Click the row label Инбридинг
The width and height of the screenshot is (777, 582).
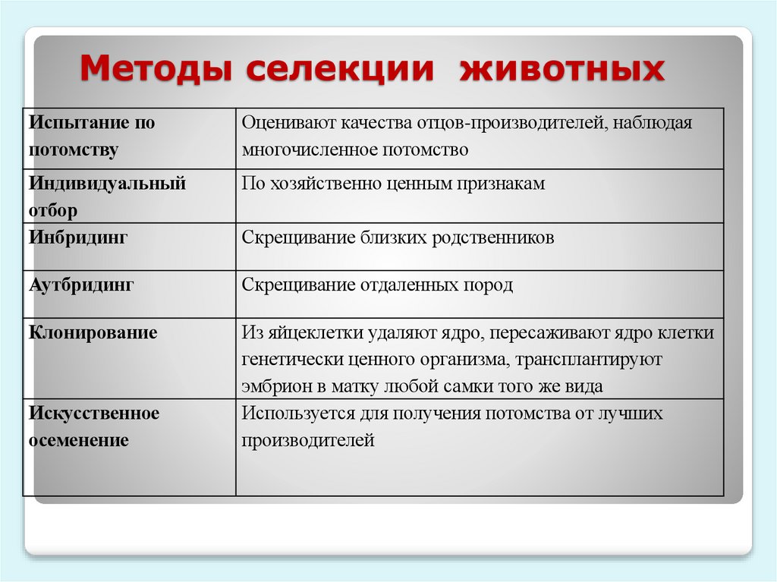[78, 238]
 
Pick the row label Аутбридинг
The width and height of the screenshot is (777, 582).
[82, 285]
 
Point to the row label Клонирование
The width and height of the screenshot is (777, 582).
[93, 332]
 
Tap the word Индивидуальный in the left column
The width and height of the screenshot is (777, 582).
[107, 184]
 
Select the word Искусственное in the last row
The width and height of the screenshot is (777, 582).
[94, 414]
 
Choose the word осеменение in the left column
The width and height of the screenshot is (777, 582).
[79, 440]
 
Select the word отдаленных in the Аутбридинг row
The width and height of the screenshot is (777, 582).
[415, 285]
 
